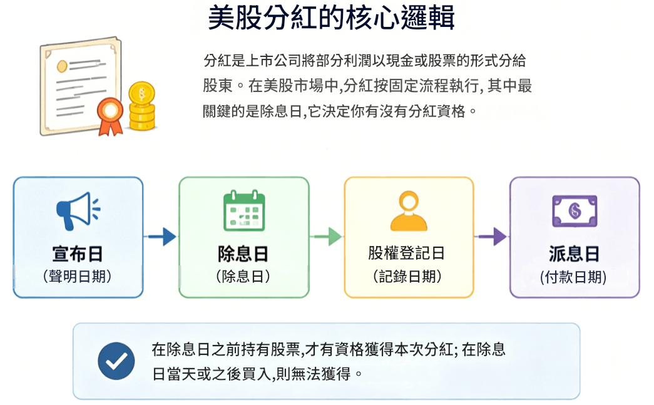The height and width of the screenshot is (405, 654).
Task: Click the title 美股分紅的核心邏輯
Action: [x=331, y=18]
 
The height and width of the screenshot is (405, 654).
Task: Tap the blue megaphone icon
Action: [x=78, y=211]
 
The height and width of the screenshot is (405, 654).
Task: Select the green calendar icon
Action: [x=245, y=210]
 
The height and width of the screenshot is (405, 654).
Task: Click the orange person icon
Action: [x=409, y=211]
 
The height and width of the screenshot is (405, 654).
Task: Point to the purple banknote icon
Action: [x=575, y=211]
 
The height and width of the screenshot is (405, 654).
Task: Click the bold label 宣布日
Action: [x=78, y=254]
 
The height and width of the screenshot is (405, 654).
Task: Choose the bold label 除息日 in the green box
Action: [x=243, y=254]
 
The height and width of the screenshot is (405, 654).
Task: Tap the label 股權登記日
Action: [x=407, y=253]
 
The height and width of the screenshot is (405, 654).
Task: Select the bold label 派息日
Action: [x=575, y=254]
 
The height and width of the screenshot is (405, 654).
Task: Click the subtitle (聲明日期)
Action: [x=78, y=276]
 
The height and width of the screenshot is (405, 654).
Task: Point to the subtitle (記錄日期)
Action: [x=407, y=276]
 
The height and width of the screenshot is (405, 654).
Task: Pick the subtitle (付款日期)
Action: [x=573, y=277]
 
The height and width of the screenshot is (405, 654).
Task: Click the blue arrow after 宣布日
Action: [x=161, y=237]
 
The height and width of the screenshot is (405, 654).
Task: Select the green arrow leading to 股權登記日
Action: [x=326, y=237]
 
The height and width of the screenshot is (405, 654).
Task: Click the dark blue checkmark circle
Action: [x=116, y=361]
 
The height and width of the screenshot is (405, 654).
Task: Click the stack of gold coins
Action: [x=142, y=106]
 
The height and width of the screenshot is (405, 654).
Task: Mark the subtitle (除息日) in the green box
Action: [x=243, y=276]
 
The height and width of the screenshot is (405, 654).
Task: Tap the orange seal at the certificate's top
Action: [x=62, y=66]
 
